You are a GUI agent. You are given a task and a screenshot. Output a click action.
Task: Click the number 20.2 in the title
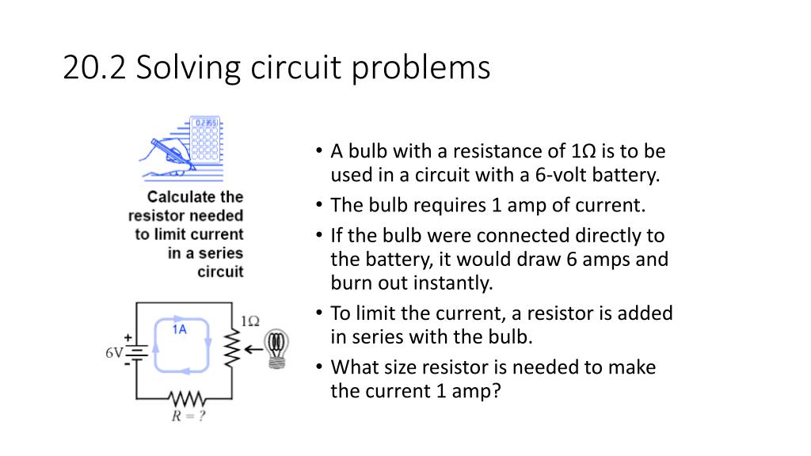[x=94, y=68]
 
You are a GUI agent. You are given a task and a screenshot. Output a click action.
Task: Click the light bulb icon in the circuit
[x=276, y=348]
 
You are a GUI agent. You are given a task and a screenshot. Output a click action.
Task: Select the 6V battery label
[x=113, y=352]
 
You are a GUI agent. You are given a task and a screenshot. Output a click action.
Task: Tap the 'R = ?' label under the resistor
[x=189, y=416]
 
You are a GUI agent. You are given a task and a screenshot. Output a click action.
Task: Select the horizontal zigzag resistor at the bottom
[x=188, y=397]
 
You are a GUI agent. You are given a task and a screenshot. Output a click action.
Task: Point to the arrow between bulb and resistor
[x=254, y=348]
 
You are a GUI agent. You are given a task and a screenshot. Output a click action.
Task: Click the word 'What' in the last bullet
[x=354, y=367]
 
